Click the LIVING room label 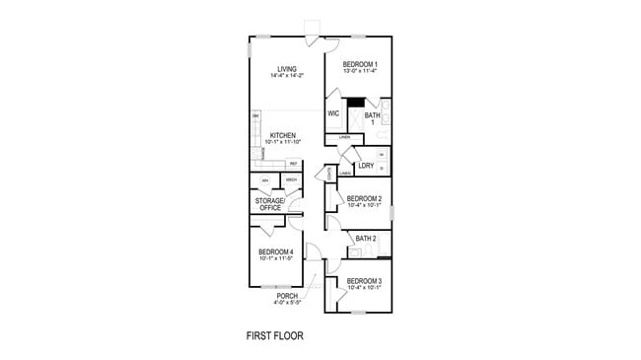[x=287, y=69]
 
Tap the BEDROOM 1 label [x=359, y=64]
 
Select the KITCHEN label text [x=284, y=135]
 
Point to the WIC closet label [x=333, y=113]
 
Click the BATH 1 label [x=372, y=118]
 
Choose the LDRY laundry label [x=365, y=166]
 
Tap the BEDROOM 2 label [x=364, y=198]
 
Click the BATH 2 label [x=366, y=239]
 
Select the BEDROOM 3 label [x=364, y=281]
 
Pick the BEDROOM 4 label [x=275, y=252]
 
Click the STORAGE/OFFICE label [x=270, y=204]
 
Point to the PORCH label [x=287, y=296]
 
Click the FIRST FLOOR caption [x=274, y=335]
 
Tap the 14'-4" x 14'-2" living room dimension [x=287, y=76]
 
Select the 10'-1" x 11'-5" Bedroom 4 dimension [x=275, y=258]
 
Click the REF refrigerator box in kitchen [x=293, y=164]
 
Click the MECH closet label [x=291, y=180]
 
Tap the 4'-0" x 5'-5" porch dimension [x=287, y=303]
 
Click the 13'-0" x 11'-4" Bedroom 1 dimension [x=359, y=71]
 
